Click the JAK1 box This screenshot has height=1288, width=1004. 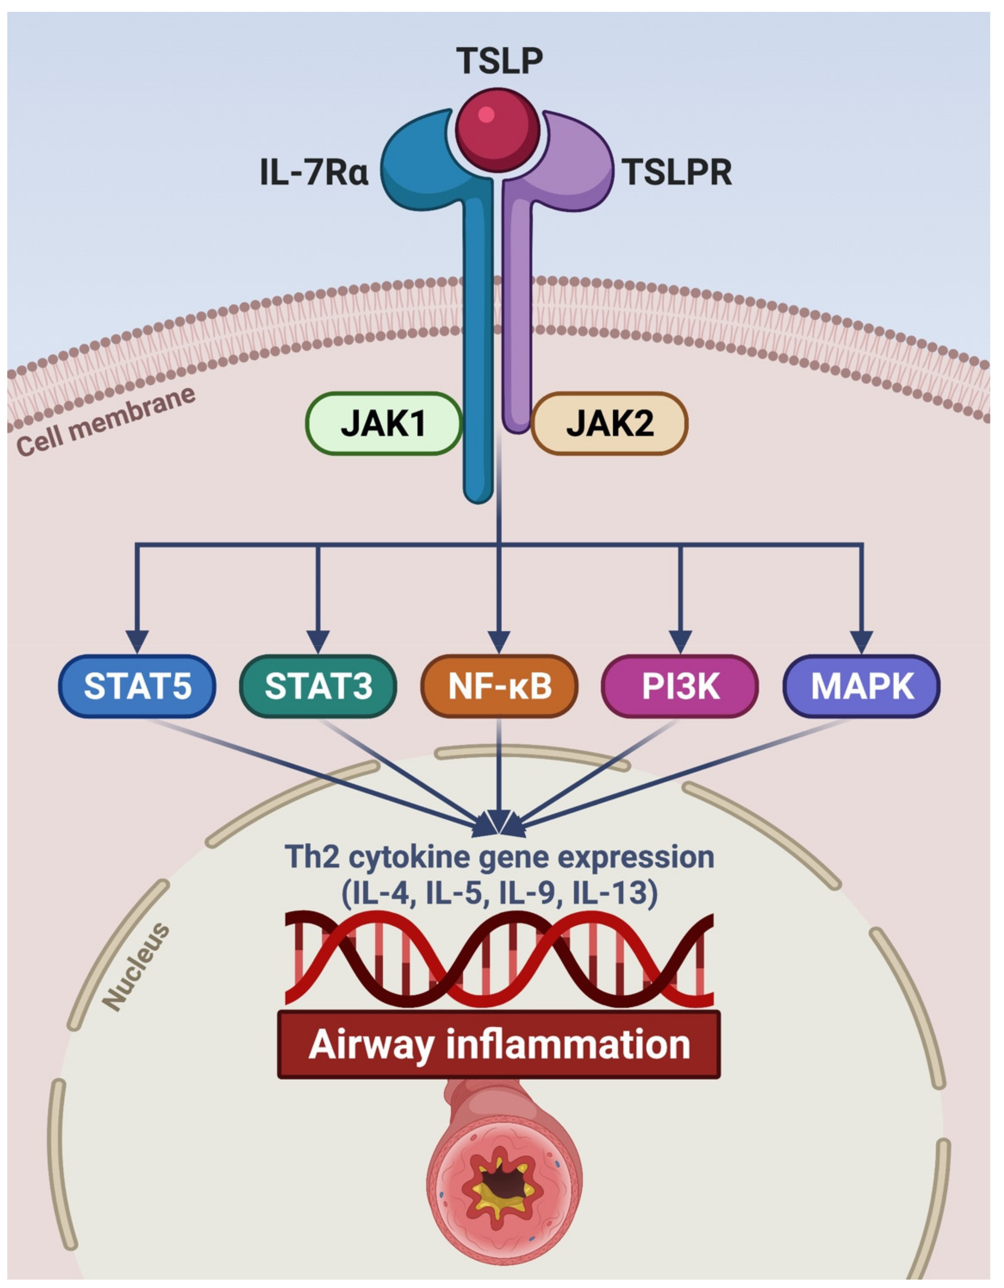(384, 424)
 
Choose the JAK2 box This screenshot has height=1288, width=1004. (609, 424)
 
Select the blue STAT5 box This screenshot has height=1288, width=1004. (138, 686)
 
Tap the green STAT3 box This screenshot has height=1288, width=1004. (318, 686)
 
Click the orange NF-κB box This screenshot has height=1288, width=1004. (499, 686)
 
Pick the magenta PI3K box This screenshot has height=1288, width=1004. (680, 686)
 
